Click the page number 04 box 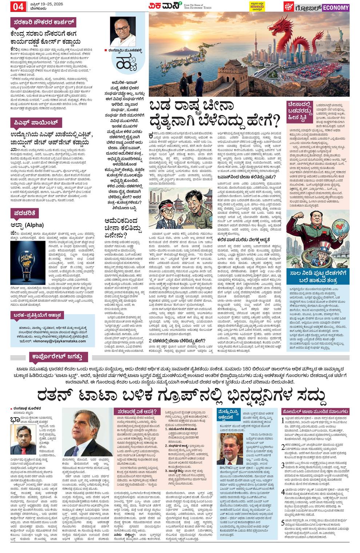pos(19,6)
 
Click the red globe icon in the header pos(289,7)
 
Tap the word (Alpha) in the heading pos(36,225)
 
